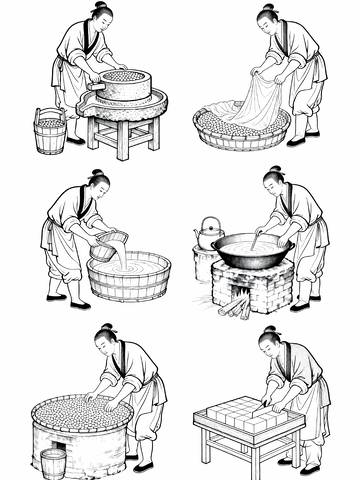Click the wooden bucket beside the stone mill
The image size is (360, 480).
click(x=49, y=133)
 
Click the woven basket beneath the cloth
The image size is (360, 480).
click(x=240, y=132)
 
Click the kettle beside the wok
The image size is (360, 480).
click(x=208, y=235)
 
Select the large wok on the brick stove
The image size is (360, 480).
click(x=251, y=251)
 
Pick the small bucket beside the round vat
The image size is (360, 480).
click(x=53, y=462)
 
